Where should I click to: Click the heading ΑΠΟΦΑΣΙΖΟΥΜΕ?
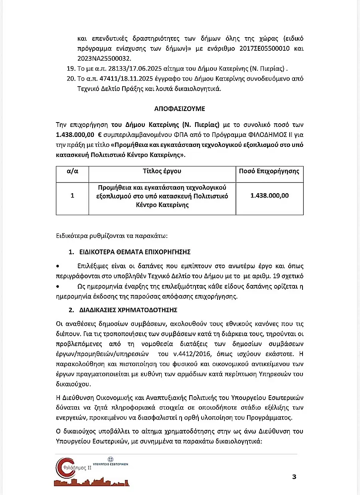tap(180, 108)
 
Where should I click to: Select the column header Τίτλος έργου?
tap(162, 171)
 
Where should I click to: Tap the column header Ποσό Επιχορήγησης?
tap(269, 171)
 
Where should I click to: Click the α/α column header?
tap(72, 171)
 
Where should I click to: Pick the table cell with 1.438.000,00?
tap(269, 196)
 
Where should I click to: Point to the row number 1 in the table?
tap(72, 196)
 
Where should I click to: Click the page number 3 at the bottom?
tap(294, 476)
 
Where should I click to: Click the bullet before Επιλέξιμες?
tap(59, 265)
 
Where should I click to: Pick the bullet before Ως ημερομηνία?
tap(59, 287)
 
